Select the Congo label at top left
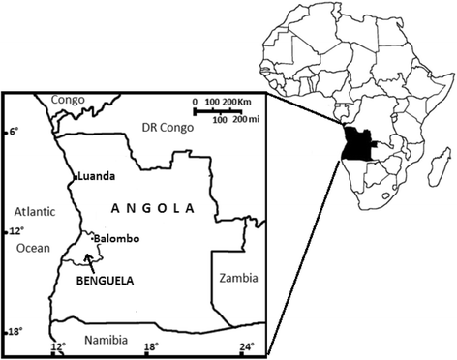point(68,100)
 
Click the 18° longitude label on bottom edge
point(152,345)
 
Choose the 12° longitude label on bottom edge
point(57,345)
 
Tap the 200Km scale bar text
point(235,102)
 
